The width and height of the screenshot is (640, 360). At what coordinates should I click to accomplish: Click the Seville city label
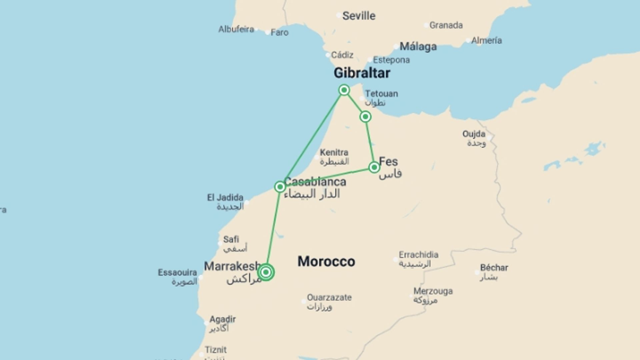[359, 16]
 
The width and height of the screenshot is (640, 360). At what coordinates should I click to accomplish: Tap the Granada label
[446, 25]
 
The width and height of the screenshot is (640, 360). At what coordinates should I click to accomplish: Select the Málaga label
[418, 46]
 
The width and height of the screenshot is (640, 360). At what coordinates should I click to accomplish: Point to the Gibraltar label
[362, 73]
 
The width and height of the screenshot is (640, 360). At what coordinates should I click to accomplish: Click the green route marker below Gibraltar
[344, 90]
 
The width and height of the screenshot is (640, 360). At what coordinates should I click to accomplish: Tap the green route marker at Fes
[374, 167]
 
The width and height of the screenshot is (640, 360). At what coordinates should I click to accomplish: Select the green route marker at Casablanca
[280, 187]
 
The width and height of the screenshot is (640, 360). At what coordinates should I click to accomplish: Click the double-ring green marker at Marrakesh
[266, 272]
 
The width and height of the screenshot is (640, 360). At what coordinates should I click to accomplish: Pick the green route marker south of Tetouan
[365, 117]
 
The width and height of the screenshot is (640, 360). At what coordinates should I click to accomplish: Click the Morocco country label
[326, 261]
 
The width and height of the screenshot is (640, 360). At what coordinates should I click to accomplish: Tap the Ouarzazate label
[329, 297]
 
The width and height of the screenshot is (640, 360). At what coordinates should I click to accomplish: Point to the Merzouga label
[433, 291]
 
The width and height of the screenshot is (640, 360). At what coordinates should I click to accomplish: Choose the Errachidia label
[418, 255]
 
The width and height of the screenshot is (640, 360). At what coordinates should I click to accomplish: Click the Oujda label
[474, 134]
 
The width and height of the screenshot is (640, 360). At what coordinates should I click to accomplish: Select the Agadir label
[222, 319]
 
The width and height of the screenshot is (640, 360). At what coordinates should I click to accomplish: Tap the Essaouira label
[177, 273]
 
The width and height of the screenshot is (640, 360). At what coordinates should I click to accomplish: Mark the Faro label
[279, 32]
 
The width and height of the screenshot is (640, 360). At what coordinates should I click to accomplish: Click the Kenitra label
[334, 153]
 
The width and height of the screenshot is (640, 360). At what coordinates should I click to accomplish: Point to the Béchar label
[494, 268]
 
